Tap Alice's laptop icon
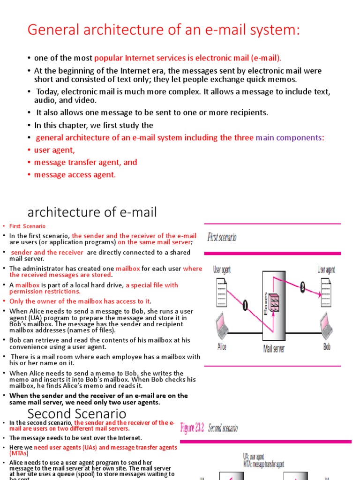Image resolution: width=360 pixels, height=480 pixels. coord(222,325)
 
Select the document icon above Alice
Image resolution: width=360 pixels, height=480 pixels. coord(222,291)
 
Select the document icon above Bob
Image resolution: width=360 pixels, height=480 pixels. coord(327,291)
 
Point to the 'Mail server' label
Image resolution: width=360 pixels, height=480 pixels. coord(274,349)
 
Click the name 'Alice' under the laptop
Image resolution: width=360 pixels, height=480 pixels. coord(222,347)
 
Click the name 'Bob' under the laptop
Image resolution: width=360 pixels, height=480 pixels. coord(327,347)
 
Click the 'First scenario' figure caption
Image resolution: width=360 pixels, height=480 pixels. coord(222,237)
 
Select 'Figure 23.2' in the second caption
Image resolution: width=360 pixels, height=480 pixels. coord(192,428)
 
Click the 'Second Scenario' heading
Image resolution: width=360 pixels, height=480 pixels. coord(76,414)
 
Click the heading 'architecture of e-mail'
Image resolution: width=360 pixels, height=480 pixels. coord(92,212)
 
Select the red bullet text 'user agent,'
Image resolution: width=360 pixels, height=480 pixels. coord(54,150)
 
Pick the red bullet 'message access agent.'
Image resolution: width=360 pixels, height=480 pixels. coord(75,174)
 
